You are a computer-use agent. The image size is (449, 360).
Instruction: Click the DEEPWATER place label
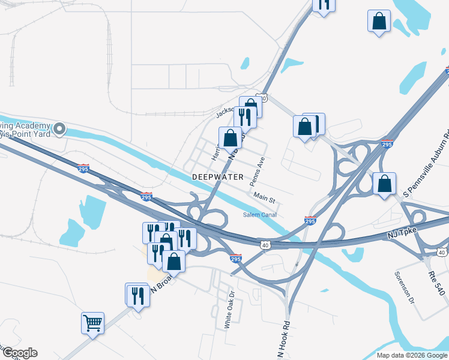tap(218, 177)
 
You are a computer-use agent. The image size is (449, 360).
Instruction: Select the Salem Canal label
tap(259, 215)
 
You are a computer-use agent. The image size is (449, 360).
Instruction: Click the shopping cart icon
tap(93, 323)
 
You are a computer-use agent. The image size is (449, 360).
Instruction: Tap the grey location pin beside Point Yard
tap(59, 129)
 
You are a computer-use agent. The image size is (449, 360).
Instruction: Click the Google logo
tap(19, 353)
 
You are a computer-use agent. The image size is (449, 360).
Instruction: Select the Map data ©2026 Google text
tap(412, 355)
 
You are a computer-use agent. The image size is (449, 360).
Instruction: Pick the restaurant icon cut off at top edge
tap(324, 5)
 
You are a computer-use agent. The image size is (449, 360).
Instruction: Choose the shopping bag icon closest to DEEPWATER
tap(230, 137)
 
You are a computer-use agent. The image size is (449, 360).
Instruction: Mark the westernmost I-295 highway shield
tap(83, 168)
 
